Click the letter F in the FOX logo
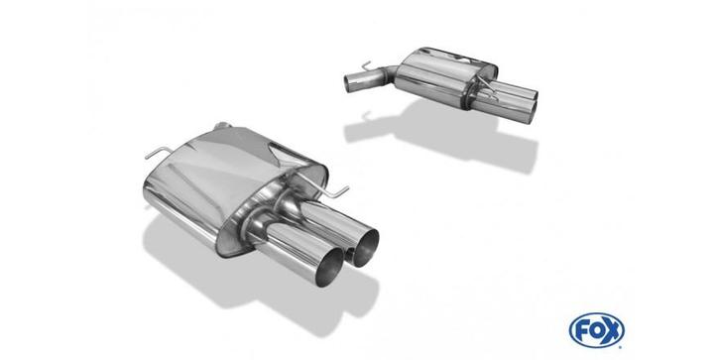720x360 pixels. point(581,330)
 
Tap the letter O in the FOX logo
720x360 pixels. point(595,330)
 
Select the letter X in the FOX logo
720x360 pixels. point(612,330)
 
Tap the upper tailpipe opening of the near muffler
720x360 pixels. point(366,247)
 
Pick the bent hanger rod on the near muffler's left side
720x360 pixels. point(158,153)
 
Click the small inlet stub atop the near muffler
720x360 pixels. point(222,125)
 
